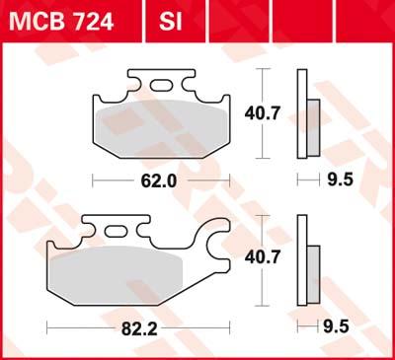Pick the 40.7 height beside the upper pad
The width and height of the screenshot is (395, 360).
277,114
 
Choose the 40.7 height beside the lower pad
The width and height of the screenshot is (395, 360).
277,258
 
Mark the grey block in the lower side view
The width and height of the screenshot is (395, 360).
312,261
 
